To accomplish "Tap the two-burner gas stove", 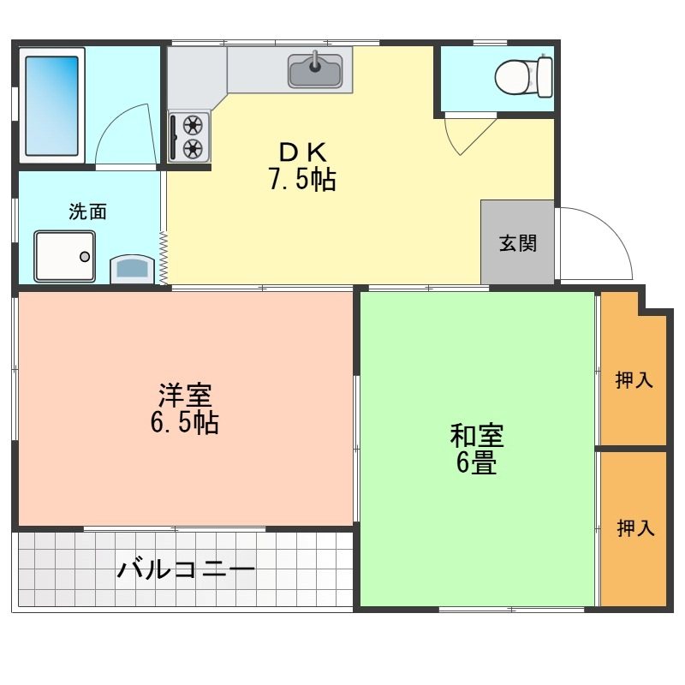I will click(x=189, y=136).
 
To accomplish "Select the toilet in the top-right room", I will click(x=523, y=77).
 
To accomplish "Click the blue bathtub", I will click(x=51, y=105).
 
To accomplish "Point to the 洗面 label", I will click(x=88, y=212).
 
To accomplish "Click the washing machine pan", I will click(x=65, y=255).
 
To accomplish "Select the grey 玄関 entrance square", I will click(x=517, y=242).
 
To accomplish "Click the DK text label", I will click(x=302, y=152).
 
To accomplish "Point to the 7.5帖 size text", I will click(x=302, y=180).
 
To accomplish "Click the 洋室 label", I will click(x=185, y=396).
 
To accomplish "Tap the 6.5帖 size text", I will click(x=185, y=422).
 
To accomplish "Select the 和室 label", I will click(x=477, y=436).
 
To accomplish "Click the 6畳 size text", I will click(x=477, y=463).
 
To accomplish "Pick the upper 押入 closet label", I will click(x=634, y=380).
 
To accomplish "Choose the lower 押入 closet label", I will click(x=635, y=528).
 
